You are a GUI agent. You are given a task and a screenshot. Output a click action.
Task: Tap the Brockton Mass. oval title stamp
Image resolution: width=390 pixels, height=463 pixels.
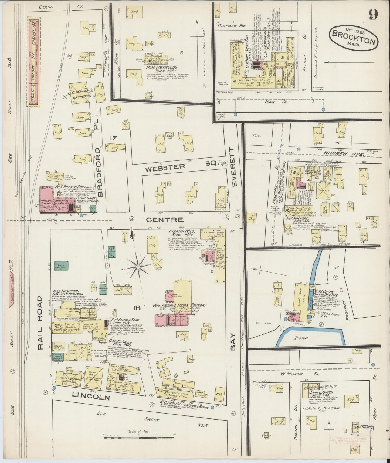point(353,38)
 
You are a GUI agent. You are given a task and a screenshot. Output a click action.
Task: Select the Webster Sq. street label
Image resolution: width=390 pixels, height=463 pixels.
point(179,168)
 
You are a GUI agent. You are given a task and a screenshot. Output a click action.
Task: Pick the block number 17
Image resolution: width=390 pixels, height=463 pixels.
point(113,138)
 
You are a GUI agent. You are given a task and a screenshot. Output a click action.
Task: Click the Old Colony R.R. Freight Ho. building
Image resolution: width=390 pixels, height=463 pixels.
point(34,61)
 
